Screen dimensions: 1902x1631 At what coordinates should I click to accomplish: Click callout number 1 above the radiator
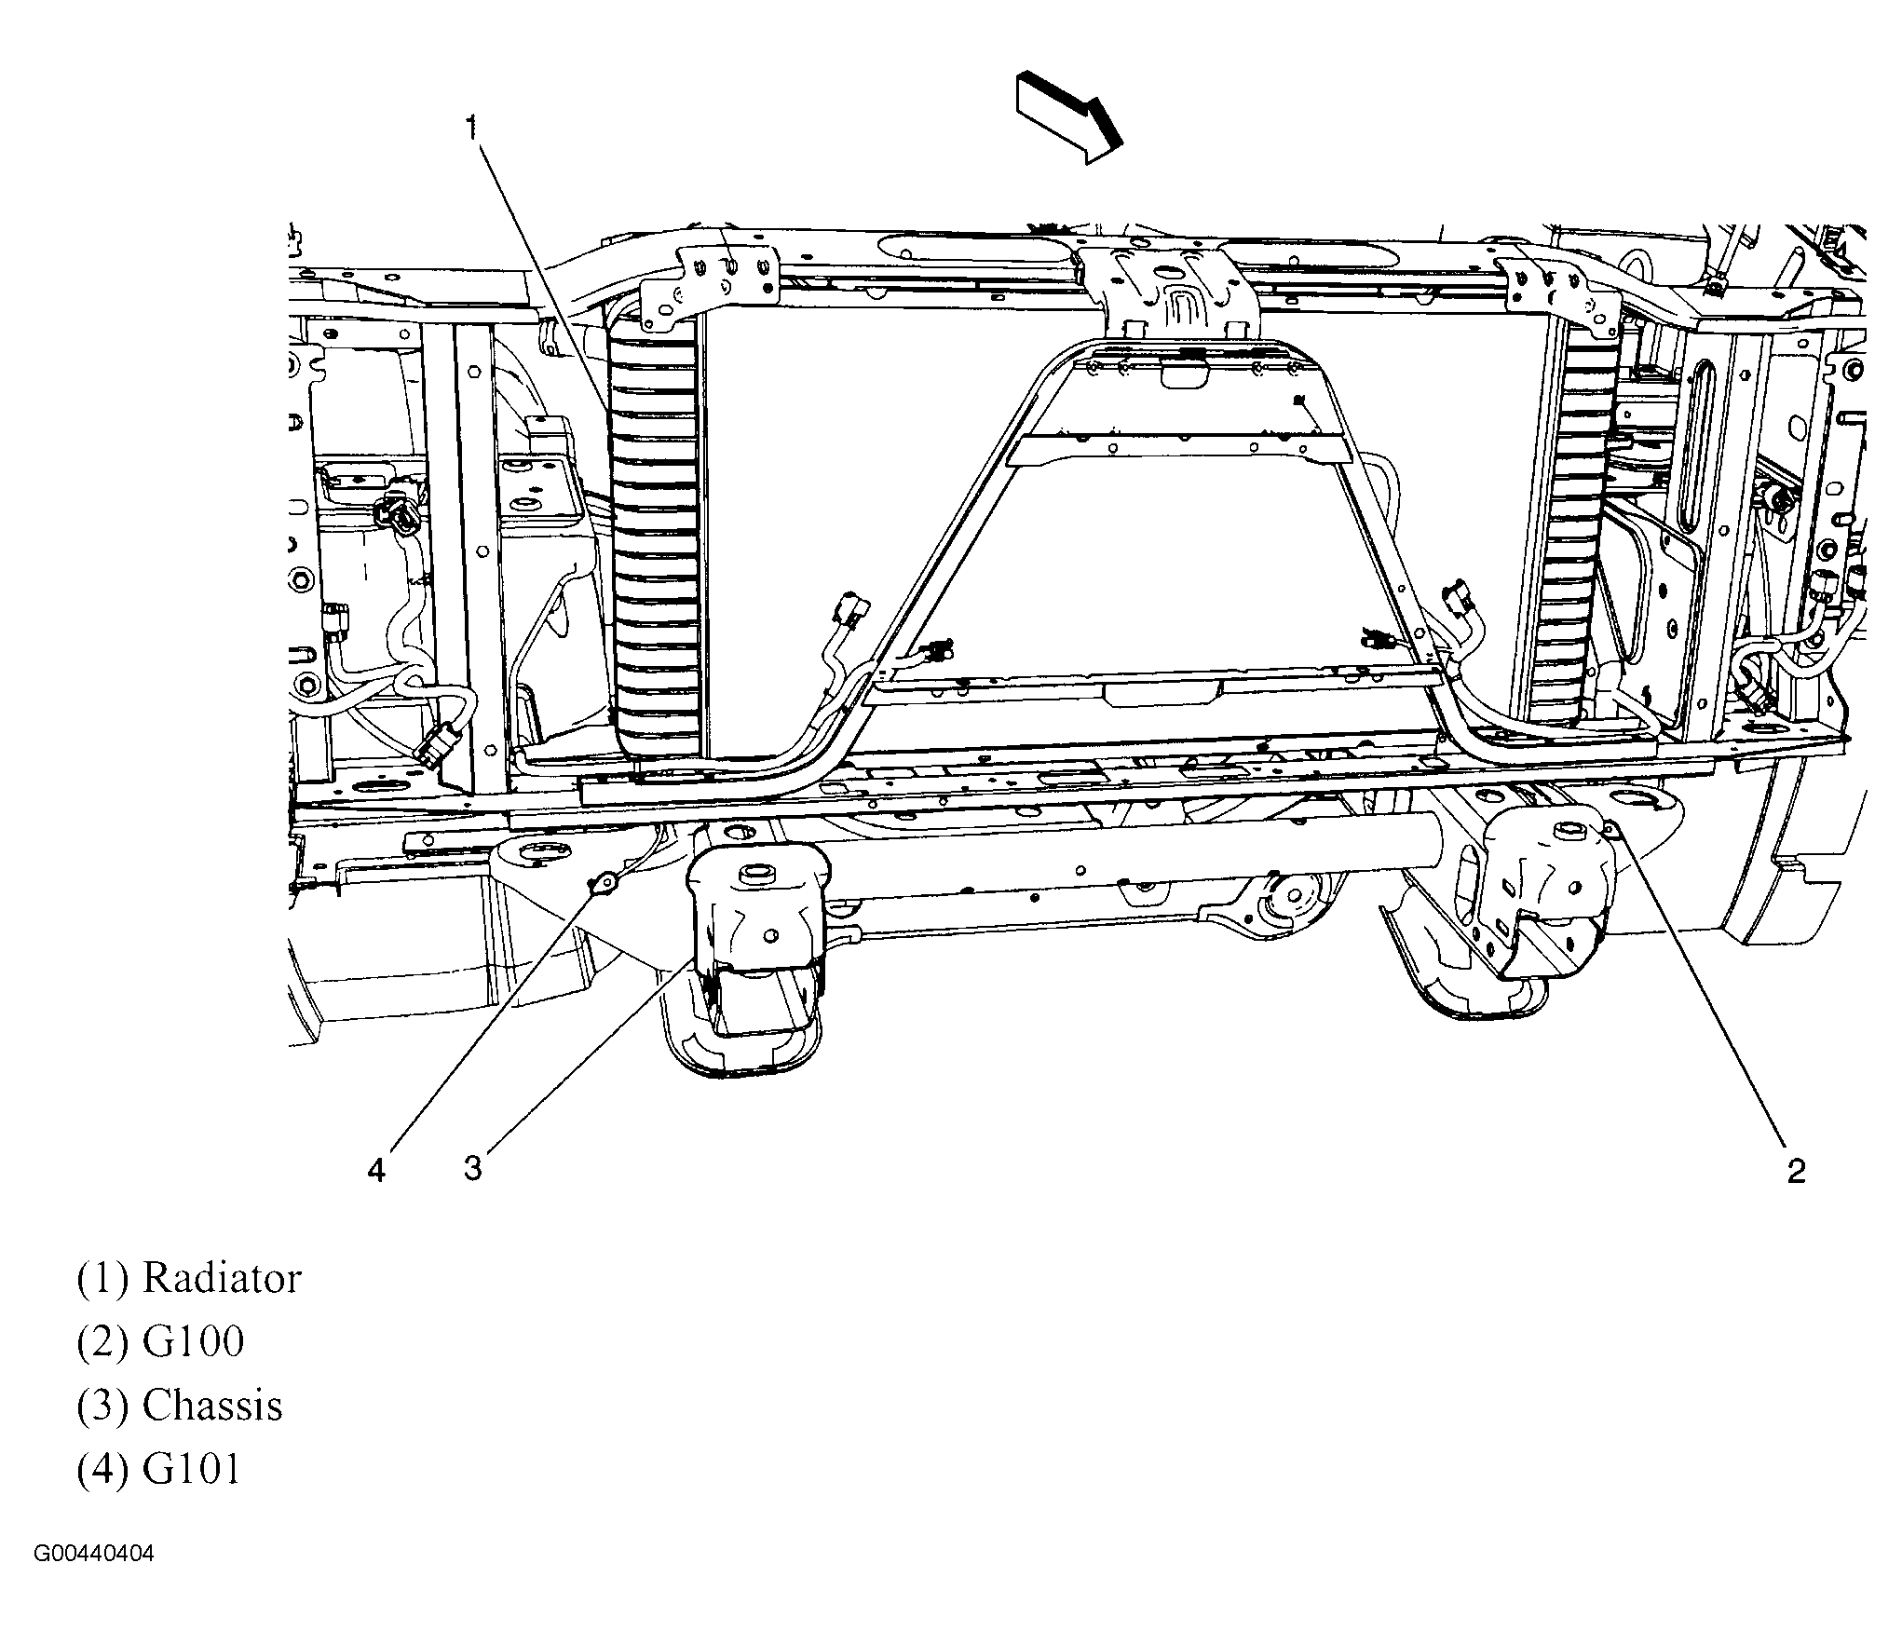tap(472, 128)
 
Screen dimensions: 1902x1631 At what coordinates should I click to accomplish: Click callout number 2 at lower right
tap(1796, 1171)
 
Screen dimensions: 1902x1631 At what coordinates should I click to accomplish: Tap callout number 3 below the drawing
tap(473, 1168)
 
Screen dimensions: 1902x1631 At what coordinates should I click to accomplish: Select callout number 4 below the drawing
tap(376, 1170)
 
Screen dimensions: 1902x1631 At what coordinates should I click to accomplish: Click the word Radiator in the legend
tap(222, 1278)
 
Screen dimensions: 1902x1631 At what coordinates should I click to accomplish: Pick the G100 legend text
tap(193, 1341)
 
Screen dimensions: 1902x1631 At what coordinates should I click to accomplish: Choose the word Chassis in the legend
tap(212, 1406)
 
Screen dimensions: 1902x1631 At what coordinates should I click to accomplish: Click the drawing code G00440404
tap(95, 1555)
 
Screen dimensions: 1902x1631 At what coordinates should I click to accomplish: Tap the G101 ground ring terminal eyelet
tap(606, 880)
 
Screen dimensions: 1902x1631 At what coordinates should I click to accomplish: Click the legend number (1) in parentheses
tap(102, 1278)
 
